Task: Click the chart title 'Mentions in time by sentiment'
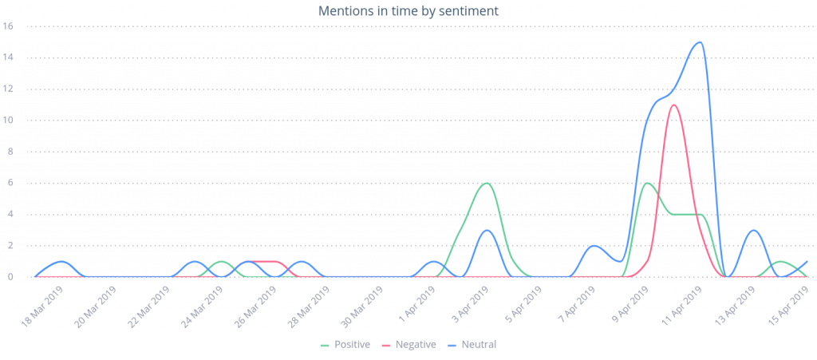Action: (x=408, y=11)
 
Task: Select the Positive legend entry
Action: (x=347, y=344)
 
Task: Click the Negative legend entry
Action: (x=410, y=344)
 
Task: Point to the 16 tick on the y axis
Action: (x=8, y=26)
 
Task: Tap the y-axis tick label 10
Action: (x=8, y=121)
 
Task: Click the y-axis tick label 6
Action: (x=10, y=183)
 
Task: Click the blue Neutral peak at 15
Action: (x=700, y=42)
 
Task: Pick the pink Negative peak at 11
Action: (x=674, y=105)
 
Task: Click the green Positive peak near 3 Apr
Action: (x=486, y=183)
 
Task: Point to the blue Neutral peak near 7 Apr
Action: (x=594, y=246)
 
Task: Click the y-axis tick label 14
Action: (x=8, y=57)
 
